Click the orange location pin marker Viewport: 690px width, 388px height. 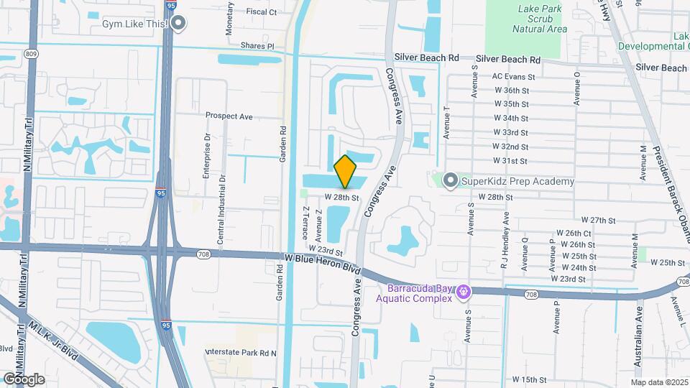[x=346, y=171]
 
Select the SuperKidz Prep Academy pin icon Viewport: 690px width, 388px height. [x=451, y=180]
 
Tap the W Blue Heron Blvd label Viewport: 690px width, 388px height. [x=321, y=262]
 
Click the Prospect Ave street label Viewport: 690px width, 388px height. [x=229, y=116]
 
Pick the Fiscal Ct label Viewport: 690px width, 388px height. [x=261, y=11]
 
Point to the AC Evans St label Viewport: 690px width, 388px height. [x=513, y=76]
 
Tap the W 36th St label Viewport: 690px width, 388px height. [x=512, y=91]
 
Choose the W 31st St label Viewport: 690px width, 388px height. [x=511, y=160]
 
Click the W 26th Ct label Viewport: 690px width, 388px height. [x=574, y=234]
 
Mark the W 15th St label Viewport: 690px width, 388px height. [x=530, y=379]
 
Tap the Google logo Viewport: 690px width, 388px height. [x=24, y=379]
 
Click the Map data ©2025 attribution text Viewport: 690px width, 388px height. [x=659, y=382]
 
